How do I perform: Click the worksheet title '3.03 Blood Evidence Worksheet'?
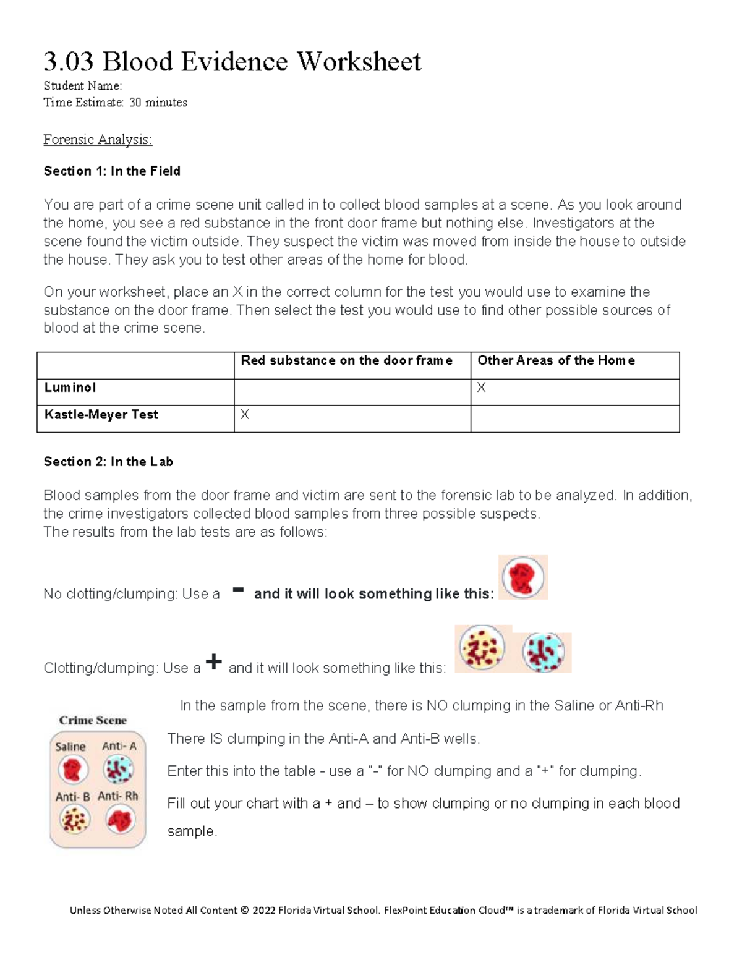click(232, 61)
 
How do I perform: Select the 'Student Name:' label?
click(83, 86)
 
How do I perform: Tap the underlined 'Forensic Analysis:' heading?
click(98, 140)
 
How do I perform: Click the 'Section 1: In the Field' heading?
click(112, 171)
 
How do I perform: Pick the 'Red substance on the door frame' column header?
click(346, 360)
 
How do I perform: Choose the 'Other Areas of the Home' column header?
click(556, 360)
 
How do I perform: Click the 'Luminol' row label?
click(70, 388)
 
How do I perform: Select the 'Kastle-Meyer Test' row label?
click(101, 415)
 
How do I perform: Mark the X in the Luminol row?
click(482, 388)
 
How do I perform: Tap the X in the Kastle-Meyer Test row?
click(245, 415)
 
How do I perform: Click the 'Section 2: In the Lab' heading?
click(108, 462)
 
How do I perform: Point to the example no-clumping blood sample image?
click(523, 578)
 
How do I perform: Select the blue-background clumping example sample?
click(544, 652)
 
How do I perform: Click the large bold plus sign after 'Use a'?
click(213, 662)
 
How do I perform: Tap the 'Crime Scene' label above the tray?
click(93, 720)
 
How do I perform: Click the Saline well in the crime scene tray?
click(73, 770)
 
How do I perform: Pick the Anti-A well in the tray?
click(119, 770)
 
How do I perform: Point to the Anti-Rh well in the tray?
click(120, 820)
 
